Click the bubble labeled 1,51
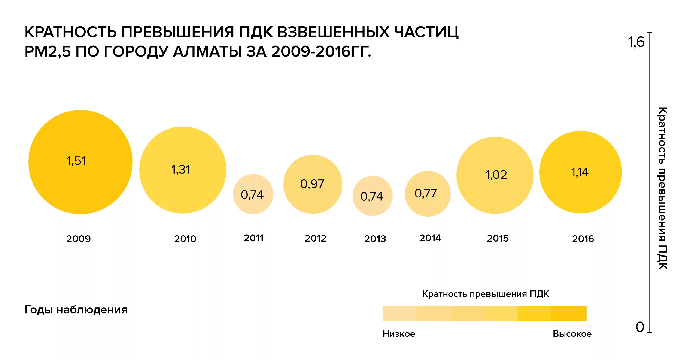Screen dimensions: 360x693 tap(80, 162)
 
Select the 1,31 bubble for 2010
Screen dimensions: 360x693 tap(182, 170)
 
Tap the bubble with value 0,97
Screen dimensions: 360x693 tap(313, 184)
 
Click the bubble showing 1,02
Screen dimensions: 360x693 tap(495, 175)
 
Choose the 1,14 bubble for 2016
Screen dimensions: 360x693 tap(580, 172)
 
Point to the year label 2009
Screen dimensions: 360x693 tap(79, 239)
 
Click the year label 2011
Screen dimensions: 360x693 tap(253, 238)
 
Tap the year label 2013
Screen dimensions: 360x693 tap(375, 239)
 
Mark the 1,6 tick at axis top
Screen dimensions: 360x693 tap(636, 42)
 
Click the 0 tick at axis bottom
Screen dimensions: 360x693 tap(640, 327)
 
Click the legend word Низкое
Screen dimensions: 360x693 tap(399, 334)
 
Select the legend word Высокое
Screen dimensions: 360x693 tap(572, 334)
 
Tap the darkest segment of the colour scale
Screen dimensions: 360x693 tap(568, 313)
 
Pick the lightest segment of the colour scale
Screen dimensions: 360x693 tap(399, 313)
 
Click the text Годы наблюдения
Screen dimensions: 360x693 tap(76, 310)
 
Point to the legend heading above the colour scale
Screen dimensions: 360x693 tap(486, 294)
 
